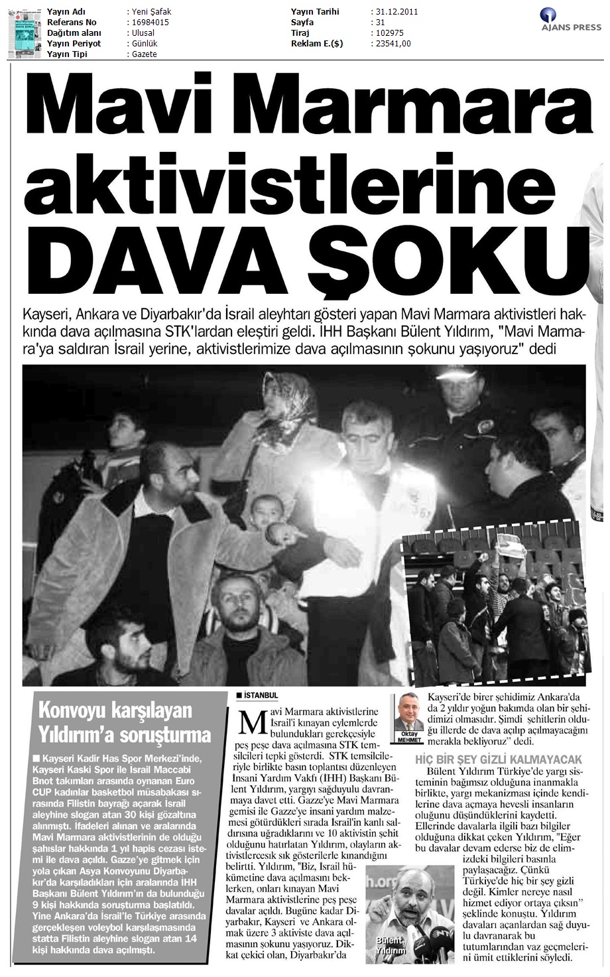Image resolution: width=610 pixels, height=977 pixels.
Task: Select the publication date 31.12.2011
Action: coord(396,12)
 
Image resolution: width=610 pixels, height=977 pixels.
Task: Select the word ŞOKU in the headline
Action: coord(451,255)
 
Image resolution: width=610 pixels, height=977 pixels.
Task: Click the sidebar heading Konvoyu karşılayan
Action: coord(115,710)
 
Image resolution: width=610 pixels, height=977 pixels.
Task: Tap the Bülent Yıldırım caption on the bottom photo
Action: coord(389,945)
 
